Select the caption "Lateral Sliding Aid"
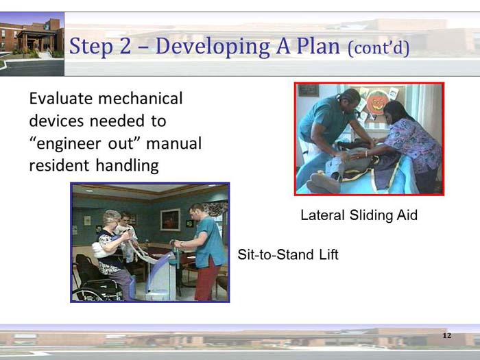[x=359, y=215]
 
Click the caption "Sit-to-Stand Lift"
[x=287, y=255]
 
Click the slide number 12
[x=447, y=335]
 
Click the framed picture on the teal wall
[x=170, y=219]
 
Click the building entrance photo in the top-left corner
[x=32, y=43]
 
